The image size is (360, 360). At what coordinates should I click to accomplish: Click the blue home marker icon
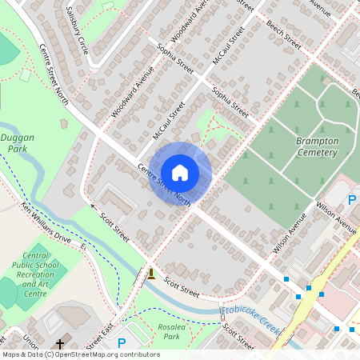point(180,173)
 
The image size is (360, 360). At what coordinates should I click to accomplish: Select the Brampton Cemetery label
point(317,146)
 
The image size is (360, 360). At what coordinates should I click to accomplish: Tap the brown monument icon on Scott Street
point(150,274)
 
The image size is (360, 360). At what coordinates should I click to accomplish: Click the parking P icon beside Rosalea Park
point(122,343)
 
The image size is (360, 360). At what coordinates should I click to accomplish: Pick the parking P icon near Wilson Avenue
point(351,198)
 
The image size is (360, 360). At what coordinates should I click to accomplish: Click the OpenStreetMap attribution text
point(80,354)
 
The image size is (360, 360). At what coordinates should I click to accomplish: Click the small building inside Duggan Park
point(25,75)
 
